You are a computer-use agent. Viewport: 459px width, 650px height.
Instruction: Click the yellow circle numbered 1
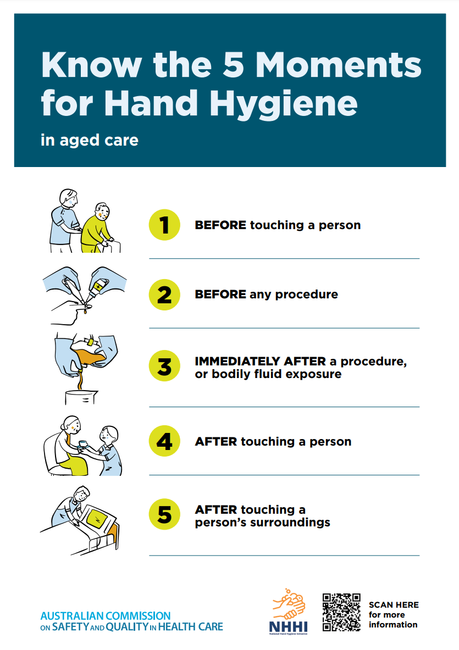[x=164, y=225]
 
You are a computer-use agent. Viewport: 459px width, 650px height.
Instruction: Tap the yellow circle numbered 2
[x=164, y=295]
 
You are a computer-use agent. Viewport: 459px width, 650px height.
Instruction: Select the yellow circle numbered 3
[x=164, y=366]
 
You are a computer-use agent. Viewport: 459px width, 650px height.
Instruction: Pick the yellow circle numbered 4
[x=164, y=441]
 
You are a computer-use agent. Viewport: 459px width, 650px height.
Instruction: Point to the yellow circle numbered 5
[x=164, y=514]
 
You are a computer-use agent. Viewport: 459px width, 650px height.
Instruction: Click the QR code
[x=342, y=612]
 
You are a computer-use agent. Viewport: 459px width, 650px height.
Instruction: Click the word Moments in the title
[x=339, y=65]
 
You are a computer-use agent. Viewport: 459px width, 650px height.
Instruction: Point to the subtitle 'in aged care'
[x=90, y=141]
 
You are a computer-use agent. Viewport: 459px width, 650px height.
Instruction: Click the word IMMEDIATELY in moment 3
[x=237, y=362]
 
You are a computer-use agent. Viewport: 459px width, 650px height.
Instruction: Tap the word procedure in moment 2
[x=306, y=295]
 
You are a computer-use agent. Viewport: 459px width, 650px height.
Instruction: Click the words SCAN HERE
[x=394, y=605]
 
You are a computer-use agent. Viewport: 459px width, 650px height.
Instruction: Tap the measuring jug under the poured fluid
[x=81, y=397]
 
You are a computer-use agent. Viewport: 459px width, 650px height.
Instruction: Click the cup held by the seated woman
[x=83, y=444]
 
